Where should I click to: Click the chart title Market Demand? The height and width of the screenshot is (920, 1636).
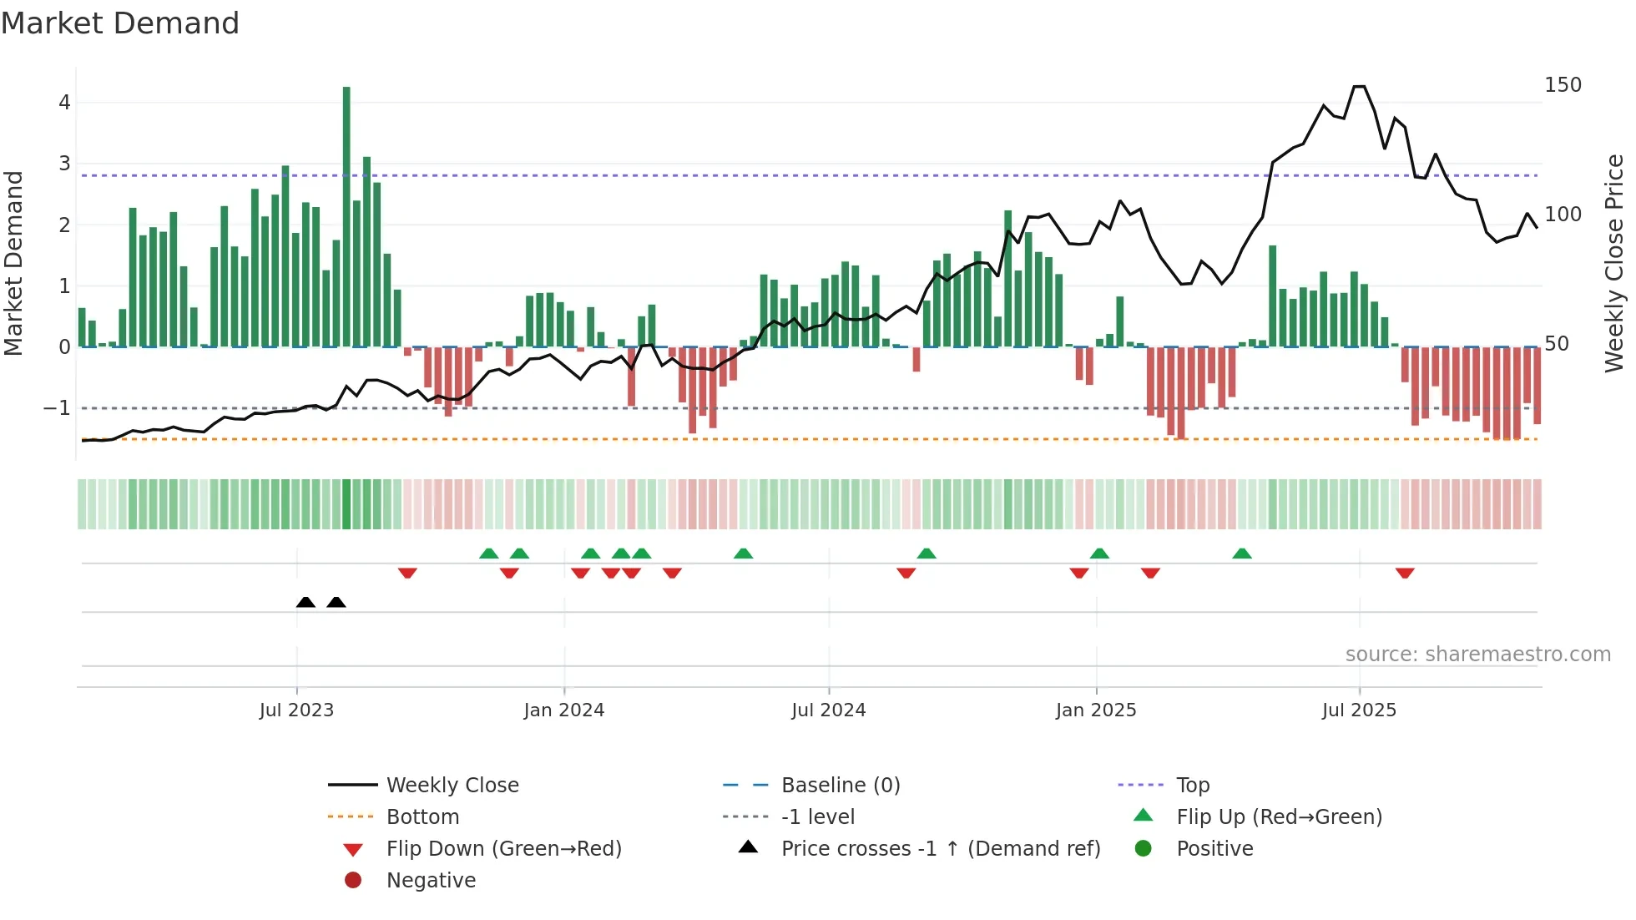pyautogui.click(x=120, y=23)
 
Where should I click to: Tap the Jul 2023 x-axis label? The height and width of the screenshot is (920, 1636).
pyautogui.click(x=296, y=710)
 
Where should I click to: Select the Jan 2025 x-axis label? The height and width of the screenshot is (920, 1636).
pyautogui.click(x=1096, y=710)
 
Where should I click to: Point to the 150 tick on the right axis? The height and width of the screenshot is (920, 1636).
pyautogui.click(x=1563, y=85)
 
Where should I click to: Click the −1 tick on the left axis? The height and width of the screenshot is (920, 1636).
pyautogui.click(x=57, y=408)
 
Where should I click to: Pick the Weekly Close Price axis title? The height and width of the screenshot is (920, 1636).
pyautogui.click(x=1614, y=263)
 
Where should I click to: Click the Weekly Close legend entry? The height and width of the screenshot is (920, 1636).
pyautogui.click(x=452, y=786)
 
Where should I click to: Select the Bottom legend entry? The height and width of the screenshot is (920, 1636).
pyautogui.click(x=422, y=817)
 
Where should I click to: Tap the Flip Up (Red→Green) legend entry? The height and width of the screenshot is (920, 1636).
pyautogui.click(x=1279, y=817)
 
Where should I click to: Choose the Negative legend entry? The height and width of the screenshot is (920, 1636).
pyautogui.click(x=431, y=881)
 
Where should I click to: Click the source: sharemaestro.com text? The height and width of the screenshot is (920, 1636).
pyautogui.click(x=1477, y=655)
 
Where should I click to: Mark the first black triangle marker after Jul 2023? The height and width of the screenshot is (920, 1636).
pyautogui.click(x=305, y=602)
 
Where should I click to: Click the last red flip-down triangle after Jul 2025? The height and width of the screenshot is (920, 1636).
pyautogui.click(x=1405, y=573)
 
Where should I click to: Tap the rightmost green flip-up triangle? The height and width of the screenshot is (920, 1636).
pyautogui.click(x=1242, y=554)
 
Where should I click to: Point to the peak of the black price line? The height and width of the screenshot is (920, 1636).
pyautogui.click(x=1359, y=87)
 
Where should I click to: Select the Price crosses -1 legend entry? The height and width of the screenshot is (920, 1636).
pyautogui.click(x=941, y=849)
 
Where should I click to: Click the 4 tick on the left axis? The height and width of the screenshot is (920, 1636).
pyautogui.click(x=64, y=103)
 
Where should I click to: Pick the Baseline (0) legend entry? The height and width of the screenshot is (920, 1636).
pyautogui.click(x=841, y=786)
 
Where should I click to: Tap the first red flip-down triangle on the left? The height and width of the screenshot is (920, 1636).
pyautogui.click(x=407, y=573)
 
